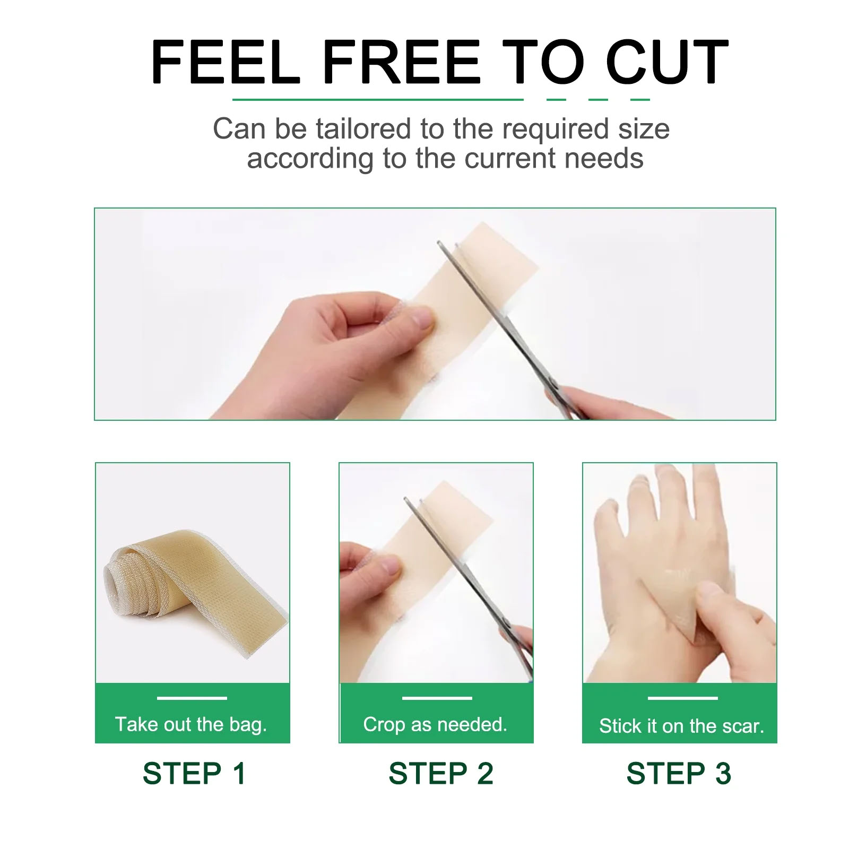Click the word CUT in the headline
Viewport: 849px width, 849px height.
[x=667, y=62]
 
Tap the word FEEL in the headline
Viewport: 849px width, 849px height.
[x=226, y=62]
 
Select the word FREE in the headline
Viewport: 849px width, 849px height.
[x=401, y=62]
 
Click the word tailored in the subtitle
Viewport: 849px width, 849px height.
[x=365, y=129]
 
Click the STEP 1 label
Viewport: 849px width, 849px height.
[x=194, y=773]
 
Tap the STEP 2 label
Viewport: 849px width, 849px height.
[x=441, y=773]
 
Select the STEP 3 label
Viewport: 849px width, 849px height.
[x=679, y=773]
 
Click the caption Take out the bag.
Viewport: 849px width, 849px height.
[x=191, y=724]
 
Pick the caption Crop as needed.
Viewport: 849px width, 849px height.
[x=435, y=724]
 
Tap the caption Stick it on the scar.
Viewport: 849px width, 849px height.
[x=681, y=725]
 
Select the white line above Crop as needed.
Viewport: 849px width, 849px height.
[x=437, y=698]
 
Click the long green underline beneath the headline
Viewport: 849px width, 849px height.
[x=378, y=99]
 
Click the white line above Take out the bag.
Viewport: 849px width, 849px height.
[x=192, y=698]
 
